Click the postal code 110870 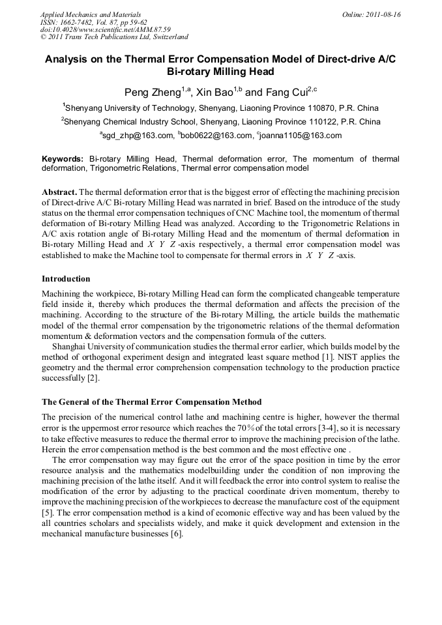click(317, 108)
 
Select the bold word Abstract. click(61, 192)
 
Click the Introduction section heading click(70, 279)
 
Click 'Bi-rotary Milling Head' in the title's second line click(220, 72)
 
